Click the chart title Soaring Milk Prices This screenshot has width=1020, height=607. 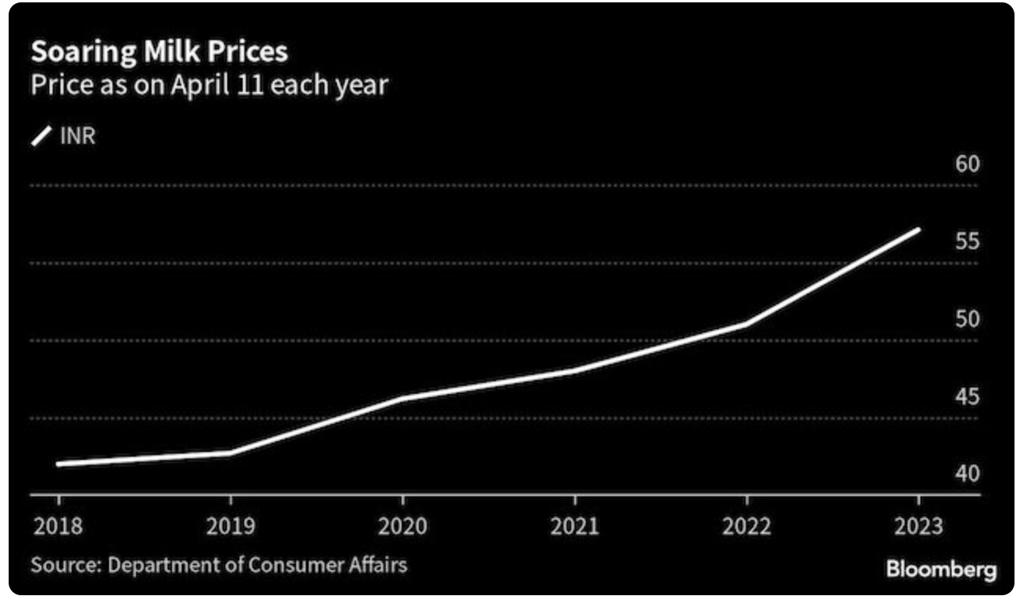[x=159, y=52]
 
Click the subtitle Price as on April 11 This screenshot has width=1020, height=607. [x=208, y=84]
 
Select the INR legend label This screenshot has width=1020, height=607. [x=77, y=137]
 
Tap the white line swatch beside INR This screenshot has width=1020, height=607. [x=41, y=138]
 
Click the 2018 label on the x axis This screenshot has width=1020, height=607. [x=58, y=526]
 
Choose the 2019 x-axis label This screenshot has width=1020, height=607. [x=230, y=526]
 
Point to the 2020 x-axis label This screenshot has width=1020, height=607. [x=402, y=526]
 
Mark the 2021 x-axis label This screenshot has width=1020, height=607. [x=574, y=526]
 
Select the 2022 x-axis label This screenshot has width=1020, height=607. [x=747, y=526]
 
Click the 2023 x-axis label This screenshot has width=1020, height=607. [x=918, y=526]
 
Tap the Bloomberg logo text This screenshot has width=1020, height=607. [x=941, y=568]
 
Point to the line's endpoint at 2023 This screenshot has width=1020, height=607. [x=918, y=230]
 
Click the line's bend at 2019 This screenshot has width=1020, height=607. [x=230, y=453]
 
